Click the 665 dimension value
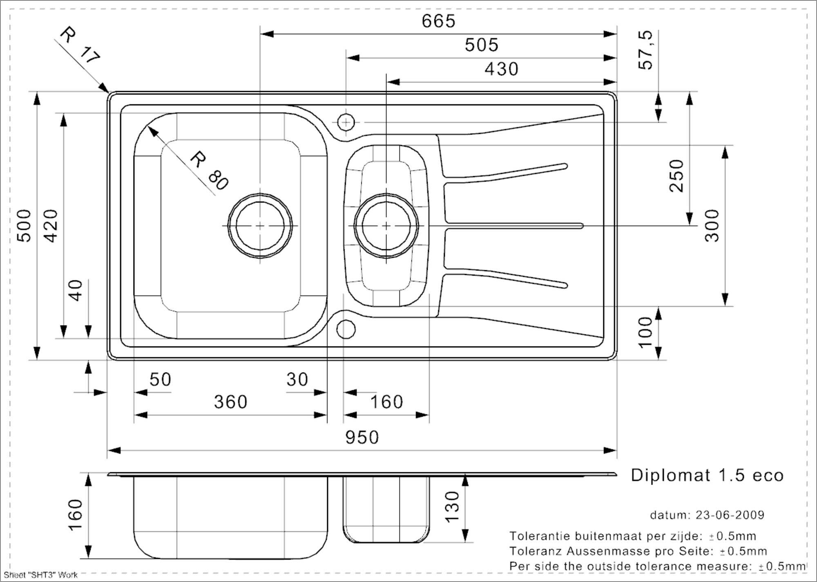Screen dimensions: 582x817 tap(438, 21)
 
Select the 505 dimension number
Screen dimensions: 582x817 tap(482, 45)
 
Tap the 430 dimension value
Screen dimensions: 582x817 tap(501, 69)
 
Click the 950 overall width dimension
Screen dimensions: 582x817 tap(362, 438)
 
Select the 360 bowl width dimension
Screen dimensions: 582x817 tap(231, 402)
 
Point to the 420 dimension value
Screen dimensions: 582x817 tap(51, 226)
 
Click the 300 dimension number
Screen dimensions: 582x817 tap(712, 226)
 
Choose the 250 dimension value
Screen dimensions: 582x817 tap(676, 176)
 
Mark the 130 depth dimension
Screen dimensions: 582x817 tap(452, 507)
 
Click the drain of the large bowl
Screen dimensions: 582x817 tap(260, 226)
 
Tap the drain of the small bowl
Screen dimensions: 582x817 tap(386, 226)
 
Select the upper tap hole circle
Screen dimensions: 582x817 tap(346, 122)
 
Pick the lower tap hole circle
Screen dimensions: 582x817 tap(346, 329)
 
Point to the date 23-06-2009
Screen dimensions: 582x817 tap(730, 515)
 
